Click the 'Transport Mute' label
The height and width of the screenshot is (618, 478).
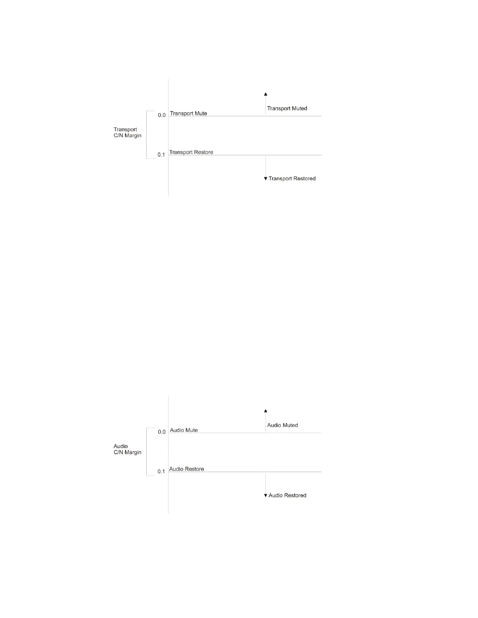click(188, 114)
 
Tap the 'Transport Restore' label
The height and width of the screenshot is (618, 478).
click(191, 152)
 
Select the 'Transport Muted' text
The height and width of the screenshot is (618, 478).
click(287, 108)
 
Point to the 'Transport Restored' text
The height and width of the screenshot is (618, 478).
click(292, 179)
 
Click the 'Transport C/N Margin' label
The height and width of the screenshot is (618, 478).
click(127, 133)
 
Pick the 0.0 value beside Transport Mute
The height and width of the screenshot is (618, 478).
click(162, 115)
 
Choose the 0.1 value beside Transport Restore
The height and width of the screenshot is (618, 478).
click(161, 155)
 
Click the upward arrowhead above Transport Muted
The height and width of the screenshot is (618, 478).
click(266, 94)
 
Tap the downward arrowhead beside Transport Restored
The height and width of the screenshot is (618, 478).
click(266, 179)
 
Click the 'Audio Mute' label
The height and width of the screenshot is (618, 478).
click(184, 430)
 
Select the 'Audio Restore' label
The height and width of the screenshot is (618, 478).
click(187, 469)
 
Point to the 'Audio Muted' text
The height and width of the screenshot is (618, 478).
click(282, 425)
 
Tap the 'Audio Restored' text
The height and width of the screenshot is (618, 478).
click(287, 495)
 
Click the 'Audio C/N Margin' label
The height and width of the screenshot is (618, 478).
click(127, 449)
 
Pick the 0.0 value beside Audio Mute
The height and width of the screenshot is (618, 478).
click(162, 432)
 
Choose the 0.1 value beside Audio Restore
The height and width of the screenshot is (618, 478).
click(161, 472)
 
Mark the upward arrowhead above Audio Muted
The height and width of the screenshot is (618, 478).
click(266, 411)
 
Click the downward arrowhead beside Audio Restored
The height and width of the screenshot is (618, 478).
click(266, 495)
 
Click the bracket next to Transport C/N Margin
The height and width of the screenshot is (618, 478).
click(147, 135)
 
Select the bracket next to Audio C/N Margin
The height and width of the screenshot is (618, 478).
click(147, 452)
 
